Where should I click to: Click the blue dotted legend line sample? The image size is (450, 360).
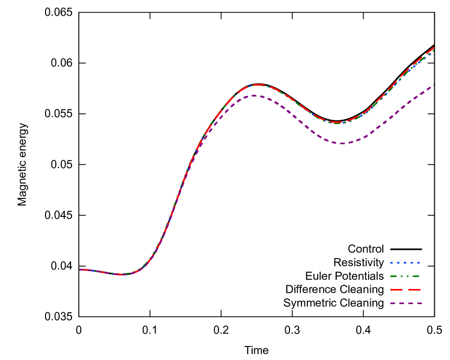pyautogui.click(x=405, y=263)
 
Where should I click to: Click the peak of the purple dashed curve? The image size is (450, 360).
pyautogui.click(x=255, y=95)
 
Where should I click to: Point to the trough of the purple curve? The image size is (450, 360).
pyautogui.click(x=342, y=143)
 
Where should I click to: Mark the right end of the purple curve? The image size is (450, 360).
pyautogui.click(x=433, y=85)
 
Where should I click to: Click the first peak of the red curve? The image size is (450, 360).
pyautogui.click(x=258, y=85)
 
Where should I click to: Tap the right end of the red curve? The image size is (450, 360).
pyautogui.click(x=434, y=48)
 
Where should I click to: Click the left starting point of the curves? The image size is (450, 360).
pyautogui.click(x=80, y=269)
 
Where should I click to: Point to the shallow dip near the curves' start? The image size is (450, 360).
pyautogui.click(x=122, y=274)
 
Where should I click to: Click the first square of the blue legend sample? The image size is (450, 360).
pyautogui.click(x=391, y=263)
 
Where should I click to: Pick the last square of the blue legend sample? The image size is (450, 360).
pyautogui.click(x=419, y=263)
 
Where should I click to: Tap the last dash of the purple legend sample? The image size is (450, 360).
pyautogui.click(x=420, y=303)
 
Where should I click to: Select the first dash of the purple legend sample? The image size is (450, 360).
pyautogui.click(x=393, y=303)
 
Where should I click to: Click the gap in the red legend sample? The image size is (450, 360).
pyautogui.click(x=406, y=290)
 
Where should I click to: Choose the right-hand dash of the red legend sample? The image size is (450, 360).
pyautogui.click(x=414, y=290)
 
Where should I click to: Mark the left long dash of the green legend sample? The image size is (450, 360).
pyautogui.click(x=394, y=276)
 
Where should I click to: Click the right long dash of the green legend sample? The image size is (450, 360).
pyautogui.click(x=416, y=276)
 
